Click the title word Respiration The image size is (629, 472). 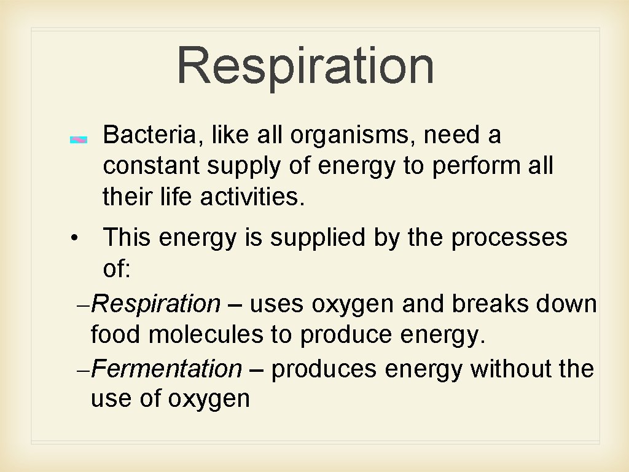point(305,66)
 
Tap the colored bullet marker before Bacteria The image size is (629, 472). point(79,140)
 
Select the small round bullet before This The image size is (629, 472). point(73,238)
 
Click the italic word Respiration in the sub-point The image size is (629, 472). point(158,304)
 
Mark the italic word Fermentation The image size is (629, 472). point(168,369)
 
